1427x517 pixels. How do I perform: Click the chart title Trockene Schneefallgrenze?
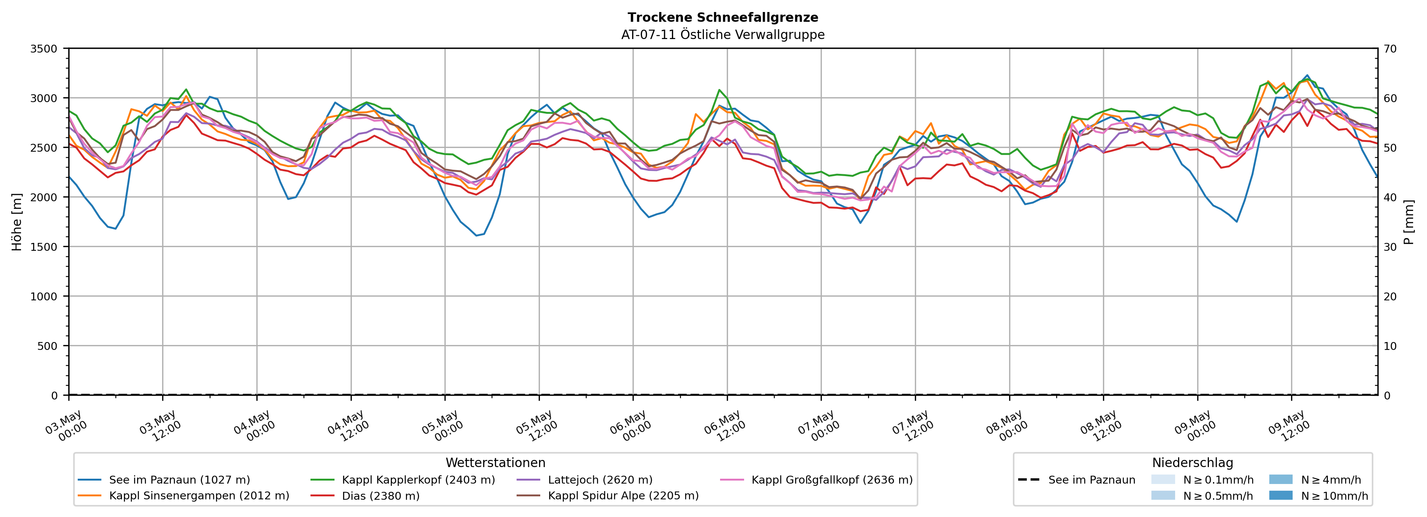722,18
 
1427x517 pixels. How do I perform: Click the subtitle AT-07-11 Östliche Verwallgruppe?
722,35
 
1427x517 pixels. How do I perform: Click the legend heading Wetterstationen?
495,463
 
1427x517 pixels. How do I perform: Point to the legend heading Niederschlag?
1193,463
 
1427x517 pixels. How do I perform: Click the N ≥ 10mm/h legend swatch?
1281,495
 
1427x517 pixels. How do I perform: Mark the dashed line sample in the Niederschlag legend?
1029,479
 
